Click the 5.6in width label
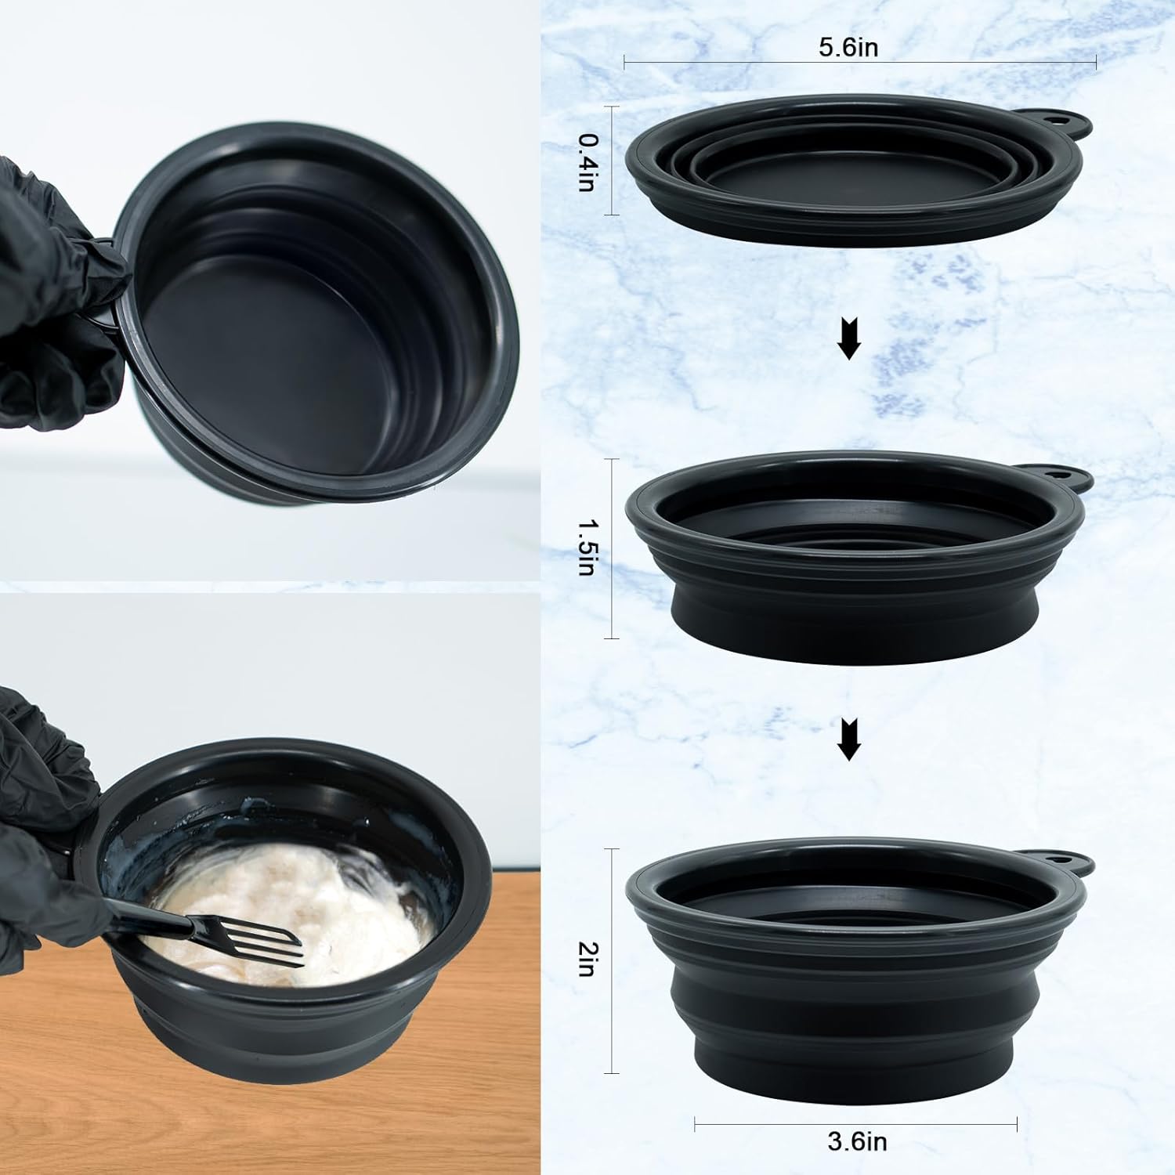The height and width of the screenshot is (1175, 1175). [849, 47]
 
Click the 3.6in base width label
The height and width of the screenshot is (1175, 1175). [858, 1141]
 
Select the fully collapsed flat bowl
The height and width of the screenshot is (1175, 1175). [858, 168]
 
